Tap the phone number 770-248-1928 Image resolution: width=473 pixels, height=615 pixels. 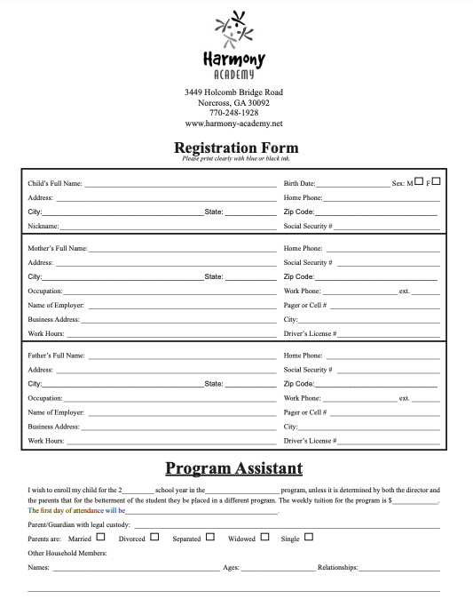click(234, 113)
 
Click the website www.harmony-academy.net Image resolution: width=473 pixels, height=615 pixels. click(234, 124)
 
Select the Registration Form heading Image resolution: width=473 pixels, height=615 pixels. click(236, 148)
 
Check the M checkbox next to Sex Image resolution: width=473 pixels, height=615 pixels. click(419, 181)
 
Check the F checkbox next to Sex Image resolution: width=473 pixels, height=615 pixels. click(436, 181)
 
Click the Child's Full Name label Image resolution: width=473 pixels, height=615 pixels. click(55, 184)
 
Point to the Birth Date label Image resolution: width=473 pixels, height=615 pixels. click(299, 184)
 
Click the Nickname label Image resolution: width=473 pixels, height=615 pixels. click(43, 227)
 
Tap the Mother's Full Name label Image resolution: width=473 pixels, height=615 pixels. click(58, 249)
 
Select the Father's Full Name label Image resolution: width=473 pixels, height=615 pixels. click(57, 355)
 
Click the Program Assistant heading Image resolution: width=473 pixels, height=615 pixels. click(234, 468)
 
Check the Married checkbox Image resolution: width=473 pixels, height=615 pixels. click(100, 537)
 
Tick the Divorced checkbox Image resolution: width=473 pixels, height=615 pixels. click(154, 537)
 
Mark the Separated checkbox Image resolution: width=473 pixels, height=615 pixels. click(210, 537)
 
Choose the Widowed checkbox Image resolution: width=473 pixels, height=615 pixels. click(262, 537)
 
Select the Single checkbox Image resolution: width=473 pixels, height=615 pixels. click(309, 537)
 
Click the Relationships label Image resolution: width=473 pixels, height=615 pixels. click(337, 567)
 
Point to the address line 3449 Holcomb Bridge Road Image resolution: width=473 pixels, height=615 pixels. click(234, 92)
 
